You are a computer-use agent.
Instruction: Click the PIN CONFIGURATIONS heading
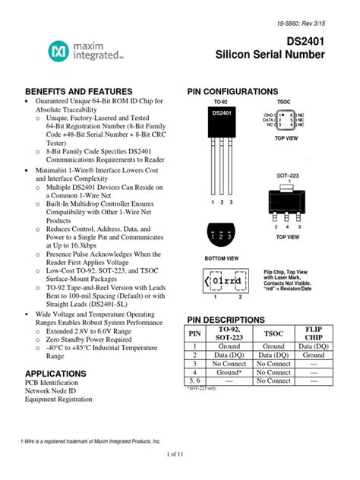(233, 91)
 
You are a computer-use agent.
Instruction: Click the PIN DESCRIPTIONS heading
(226, 320)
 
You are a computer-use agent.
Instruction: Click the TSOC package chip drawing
(287, 119)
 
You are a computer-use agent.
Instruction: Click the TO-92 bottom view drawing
(221, 235)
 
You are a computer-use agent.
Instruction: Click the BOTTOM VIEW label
(221, 258)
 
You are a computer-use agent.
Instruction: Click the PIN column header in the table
(195, 335)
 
